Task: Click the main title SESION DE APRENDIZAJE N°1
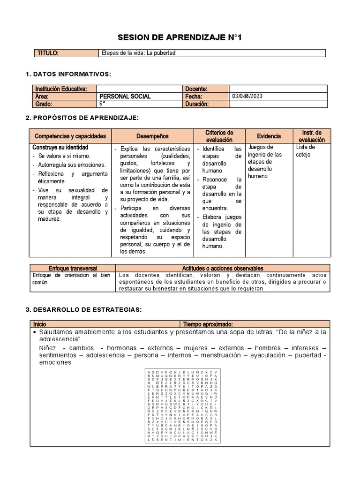pyautogui.click(x=180, y=37)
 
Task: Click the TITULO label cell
pyautogui.click(x=48, y=53)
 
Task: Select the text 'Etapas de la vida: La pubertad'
pyautogui.click(x=138, y=53)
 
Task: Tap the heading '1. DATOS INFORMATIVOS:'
pyautogui.click(x=68, y=74)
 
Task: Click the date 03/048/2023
pyautogui.click(x=247, y=96)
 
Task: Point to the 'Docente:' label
pyautogui.click(x=196, y=89)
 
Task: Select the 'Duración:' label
pyautogui.click(x=198, y=104)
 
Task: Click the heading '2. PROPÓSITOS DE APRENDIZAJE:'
pyautogui.click(x=82, y=117)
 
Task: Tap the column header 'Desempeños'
pyautogui.click(x=152, y=136)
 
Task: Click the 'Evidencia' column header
pyautogui.click(x=269, y=136)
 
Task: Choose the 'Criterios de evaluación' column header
pyautogui.click(x=219, y=136)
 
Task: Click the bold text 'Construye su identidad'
pyautogui.click(x=57, y=147)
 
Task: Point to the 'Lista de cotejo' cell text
pyautogui.click(x=306, y=150)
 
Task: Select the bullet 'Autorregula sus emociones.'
pyautogui.click(x=72, y=165)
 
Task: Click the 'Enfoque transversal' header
pyautogui.click(x=72, y=268)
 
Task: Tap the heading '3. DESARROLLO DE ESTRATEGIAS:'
pyautogui.click(x=83, y=309)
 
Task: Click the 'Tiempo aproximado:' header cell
pyautogui.click(x=208, y=324)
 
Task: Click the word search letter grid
pyautogui.click(x=182, y=405)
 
